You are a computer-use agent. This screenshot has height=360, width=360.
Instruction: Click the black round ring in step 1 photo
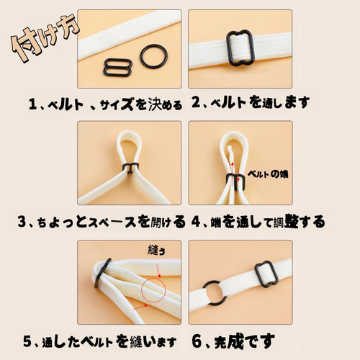(x=153, y=55)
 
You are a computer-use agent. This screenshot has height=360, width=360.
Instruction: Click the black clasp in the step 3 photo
(x=130, y=169)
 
